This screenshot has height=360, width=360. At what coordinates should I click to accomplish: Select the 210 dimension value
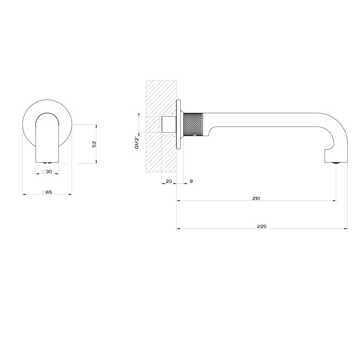point(257,198)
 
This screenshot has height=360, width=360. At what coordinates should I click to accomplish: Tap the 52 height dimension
point(94,144)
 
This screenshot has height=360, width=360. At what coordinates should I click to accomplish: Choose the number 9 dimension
point(191,182)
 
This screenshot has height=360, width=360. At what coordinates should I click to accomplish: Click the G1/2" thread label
point(137,142)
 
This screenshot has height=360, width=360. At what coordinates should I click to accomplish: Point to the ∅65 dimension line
point(31,194)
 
